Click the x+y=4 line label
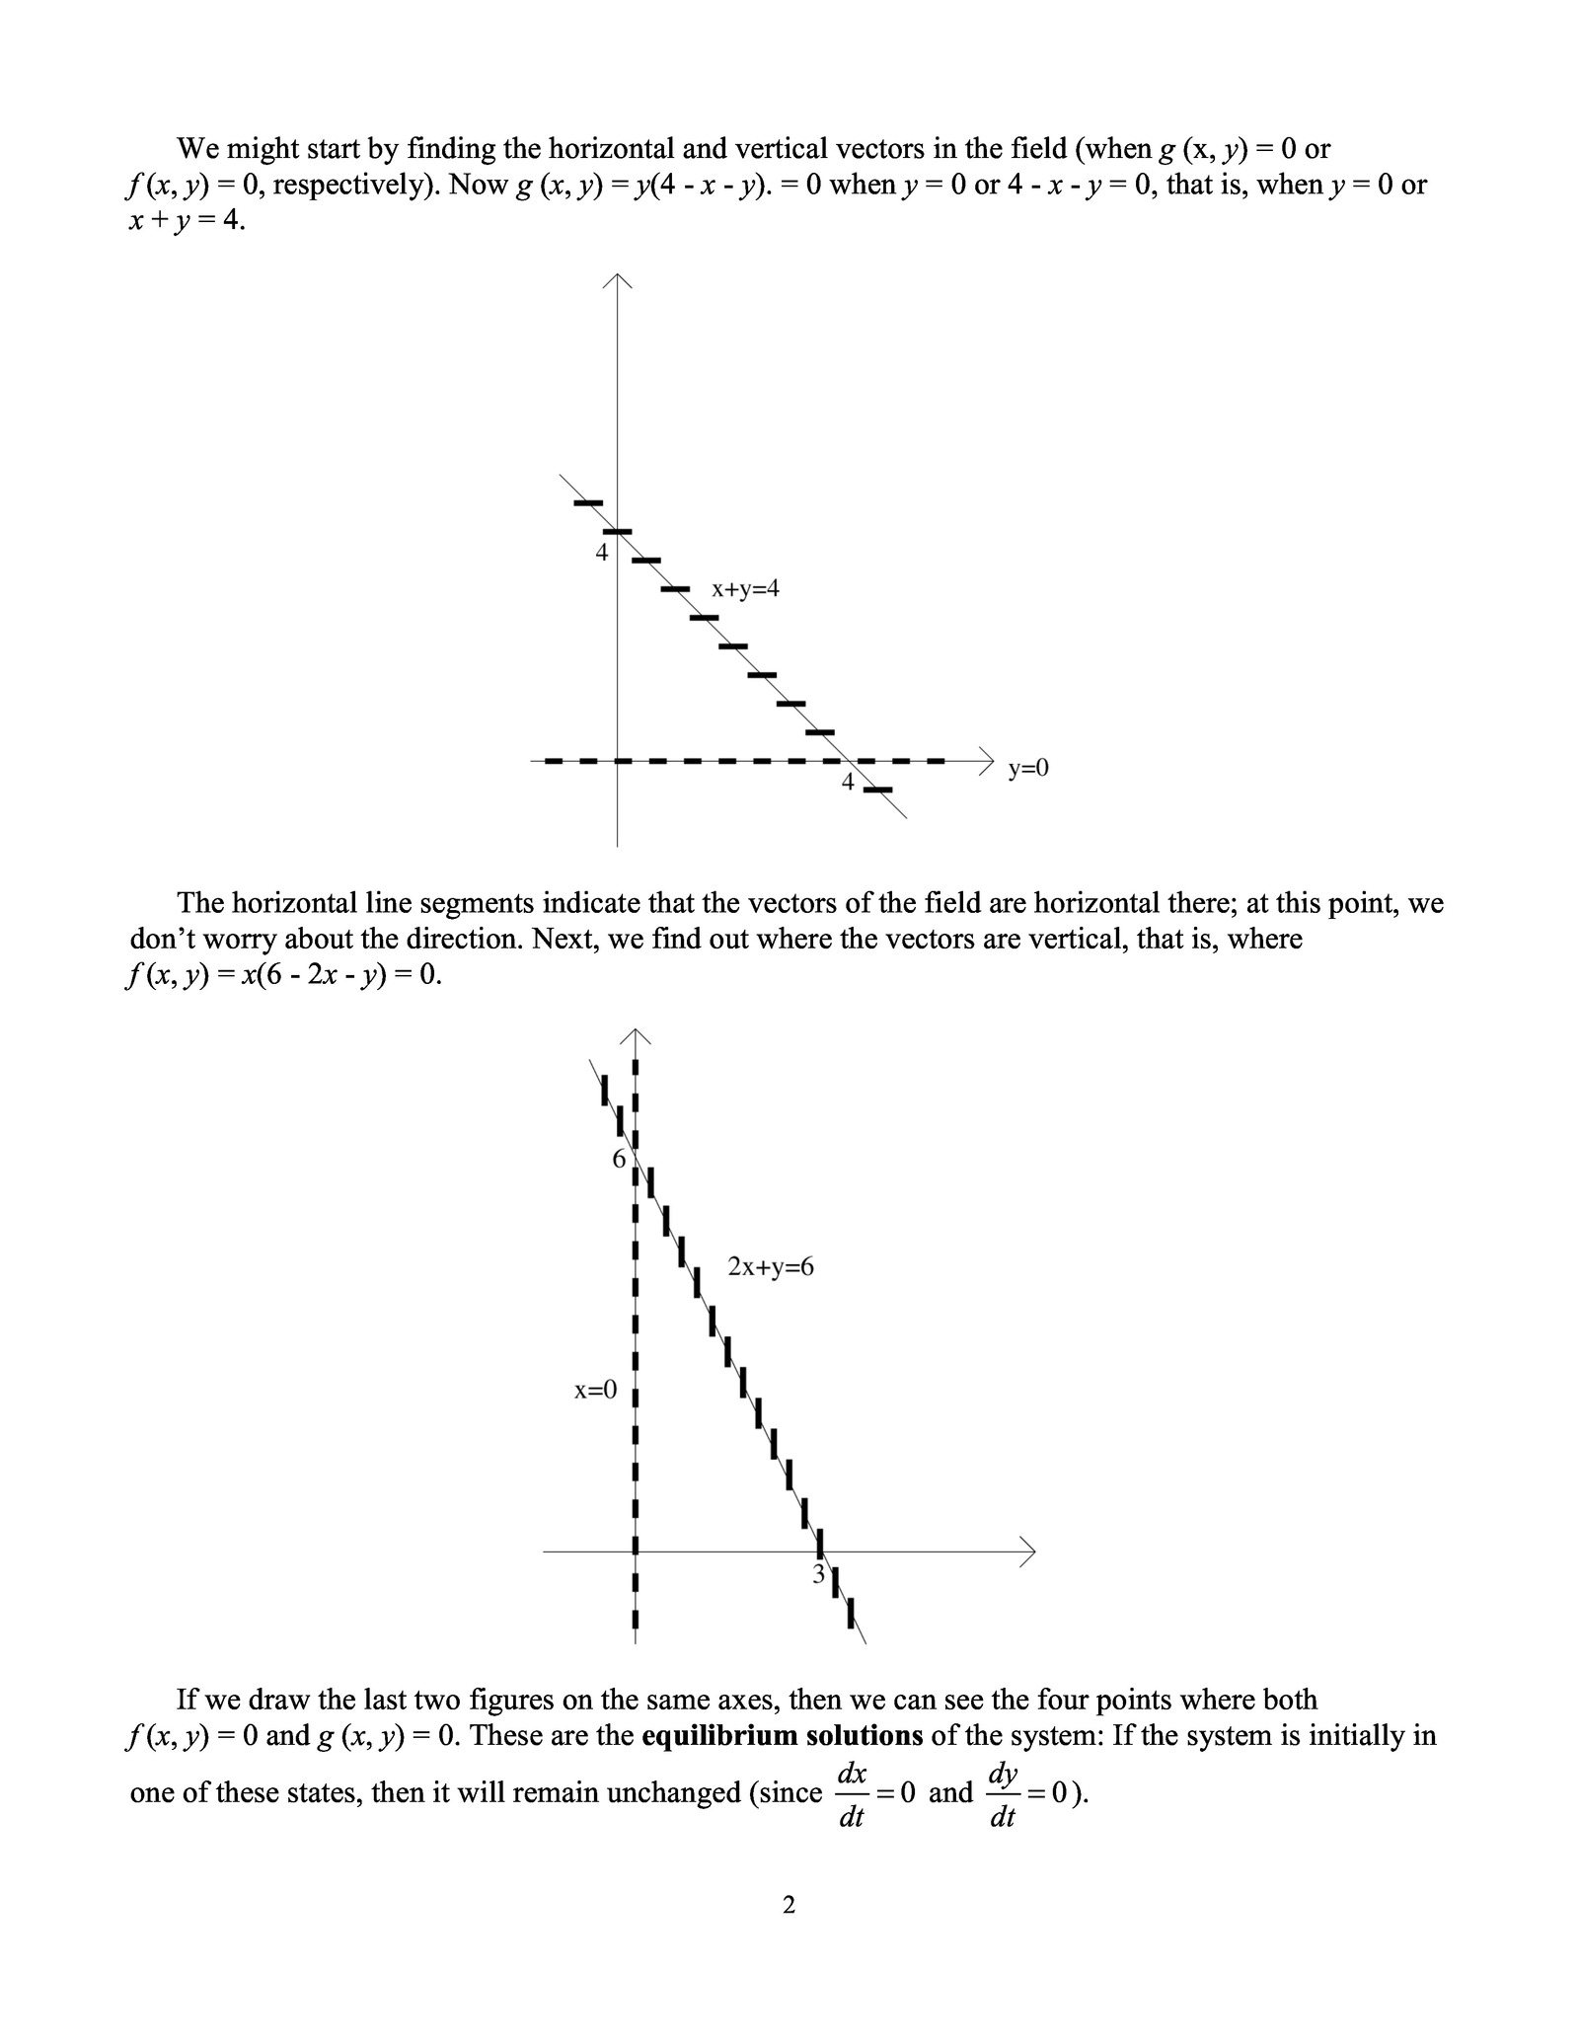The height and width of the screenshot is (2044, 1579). [x=745, y=589]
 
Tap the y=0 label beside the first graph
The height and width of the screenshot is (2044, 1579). [x=1028, y=768]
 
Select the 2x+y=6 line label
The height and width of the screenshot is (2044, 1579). [x=771, y=1266]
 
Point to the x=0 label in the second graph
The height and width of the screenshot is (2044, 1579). [x=595, y=1391]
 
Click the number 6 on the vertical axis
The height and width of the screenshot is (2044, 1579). [x=619, y=1159]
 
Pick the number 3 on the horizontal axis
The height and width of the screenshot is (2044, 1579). [x=818, y=1575]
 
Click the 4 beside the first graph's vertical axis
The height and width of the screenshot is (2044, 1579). [x=601, y=553]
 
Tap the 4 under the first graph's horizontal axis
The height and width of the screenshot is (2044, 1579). [x=847, y=783]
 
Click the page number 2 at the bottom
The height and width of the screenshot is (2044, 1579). [x=789, y=1905]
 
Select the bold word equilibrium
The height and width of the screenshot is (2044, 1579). [x=719, y=1735]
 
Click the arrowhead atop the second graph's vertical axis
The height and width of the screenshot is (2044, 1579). [x=636, y=1035]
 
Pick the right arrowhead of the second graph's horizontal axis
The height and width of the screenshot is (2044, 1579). [x=1029, y=1552]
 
